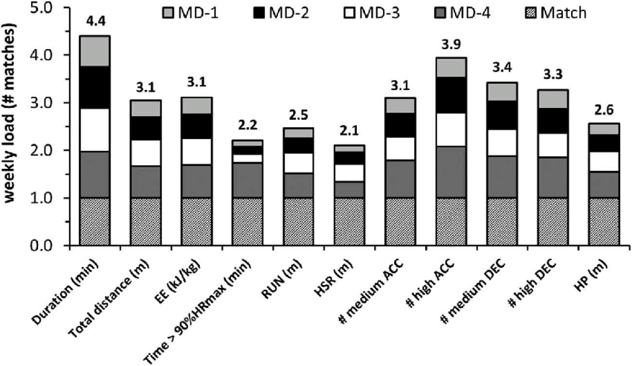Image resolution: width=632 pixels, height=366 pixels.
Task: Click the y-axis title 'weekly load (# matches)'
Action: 12,126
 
